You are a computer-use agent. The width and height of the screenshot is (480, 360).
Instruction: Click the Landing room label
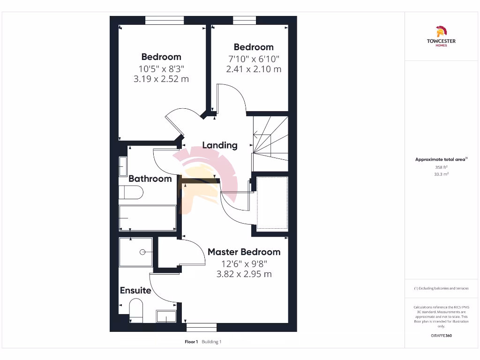point(219,145)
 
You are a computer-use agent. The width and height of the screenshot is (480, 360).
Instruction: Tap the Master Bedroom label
point(244,252)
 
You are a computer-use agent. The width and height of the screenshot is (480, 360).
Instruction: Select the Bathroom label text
point(150,179)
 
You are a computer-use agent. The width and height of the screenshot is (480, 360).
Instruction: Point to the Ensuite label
point(135,290)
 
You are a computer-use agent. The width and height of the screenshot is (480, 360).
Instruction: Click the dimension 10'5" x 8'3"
point(161,68)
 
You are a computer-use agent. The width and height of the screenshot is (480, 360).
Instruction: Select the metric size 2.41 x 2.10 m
point(254,69)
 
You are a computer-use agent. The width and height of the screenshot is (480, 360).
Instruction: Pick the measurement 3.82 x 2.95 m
point(244,274)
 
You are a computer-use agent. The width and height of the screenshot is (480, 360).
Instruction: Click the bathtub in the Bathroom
point(148,217)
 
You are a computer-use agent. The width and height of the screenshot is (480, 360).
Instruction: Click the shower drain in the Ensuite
point(142,252)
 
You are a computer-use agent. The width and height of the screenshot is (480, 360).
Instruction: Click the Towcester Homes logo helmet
point(441,32)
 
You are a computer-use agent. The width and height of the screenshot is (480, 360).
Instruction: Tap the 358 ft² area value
point(441,167)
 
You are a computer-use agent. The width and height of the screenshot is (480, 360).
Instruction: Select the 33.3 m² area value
point(441,174)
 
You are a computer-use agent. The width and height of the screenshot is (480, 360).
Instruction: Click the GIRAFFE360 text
point(441,336)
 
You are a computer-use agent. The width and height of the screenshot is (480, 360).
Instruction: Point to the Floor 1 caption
point(191,342)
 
